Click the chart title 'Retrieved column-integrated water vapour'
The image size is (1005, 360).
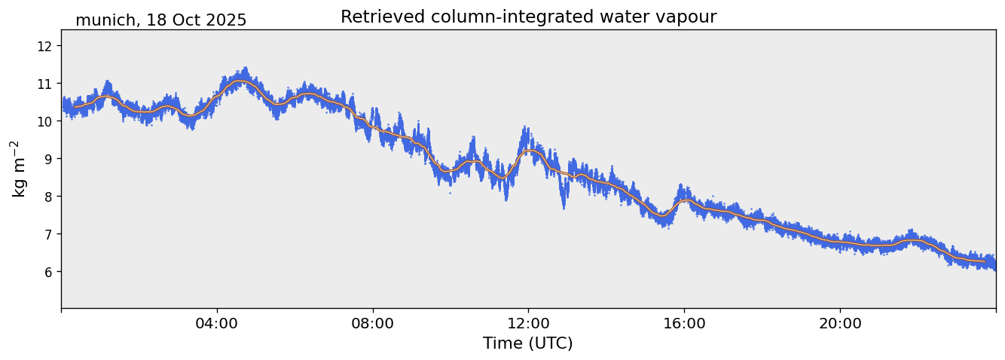pos(528,17)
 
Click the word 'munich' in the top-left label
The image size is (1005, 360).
pos(101,20)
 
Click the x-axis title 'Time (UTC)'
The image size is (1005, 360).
pos(528,343)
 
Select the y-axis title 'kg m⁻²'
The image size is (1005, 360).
pos(19,168)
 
